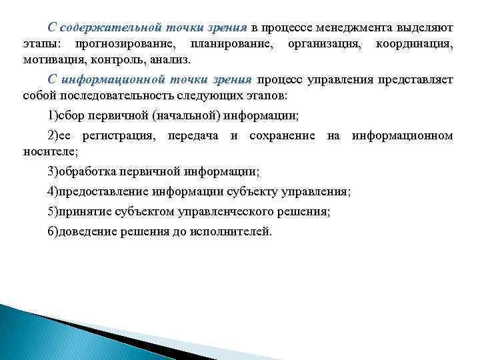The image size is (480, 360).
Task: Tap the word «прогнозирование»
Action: click(126, 44)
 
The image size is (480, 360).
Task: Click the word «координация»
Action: click(414, 44)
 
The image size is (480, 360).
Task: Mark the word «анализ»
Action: click(169, 59)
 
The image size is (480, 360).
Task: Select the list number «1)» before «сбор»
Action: click(52, 116)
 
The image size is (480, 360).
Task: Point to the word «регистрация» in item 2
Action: click(117, 136)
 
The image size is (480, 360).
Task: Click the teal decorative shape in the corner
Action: click(40, 333)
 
